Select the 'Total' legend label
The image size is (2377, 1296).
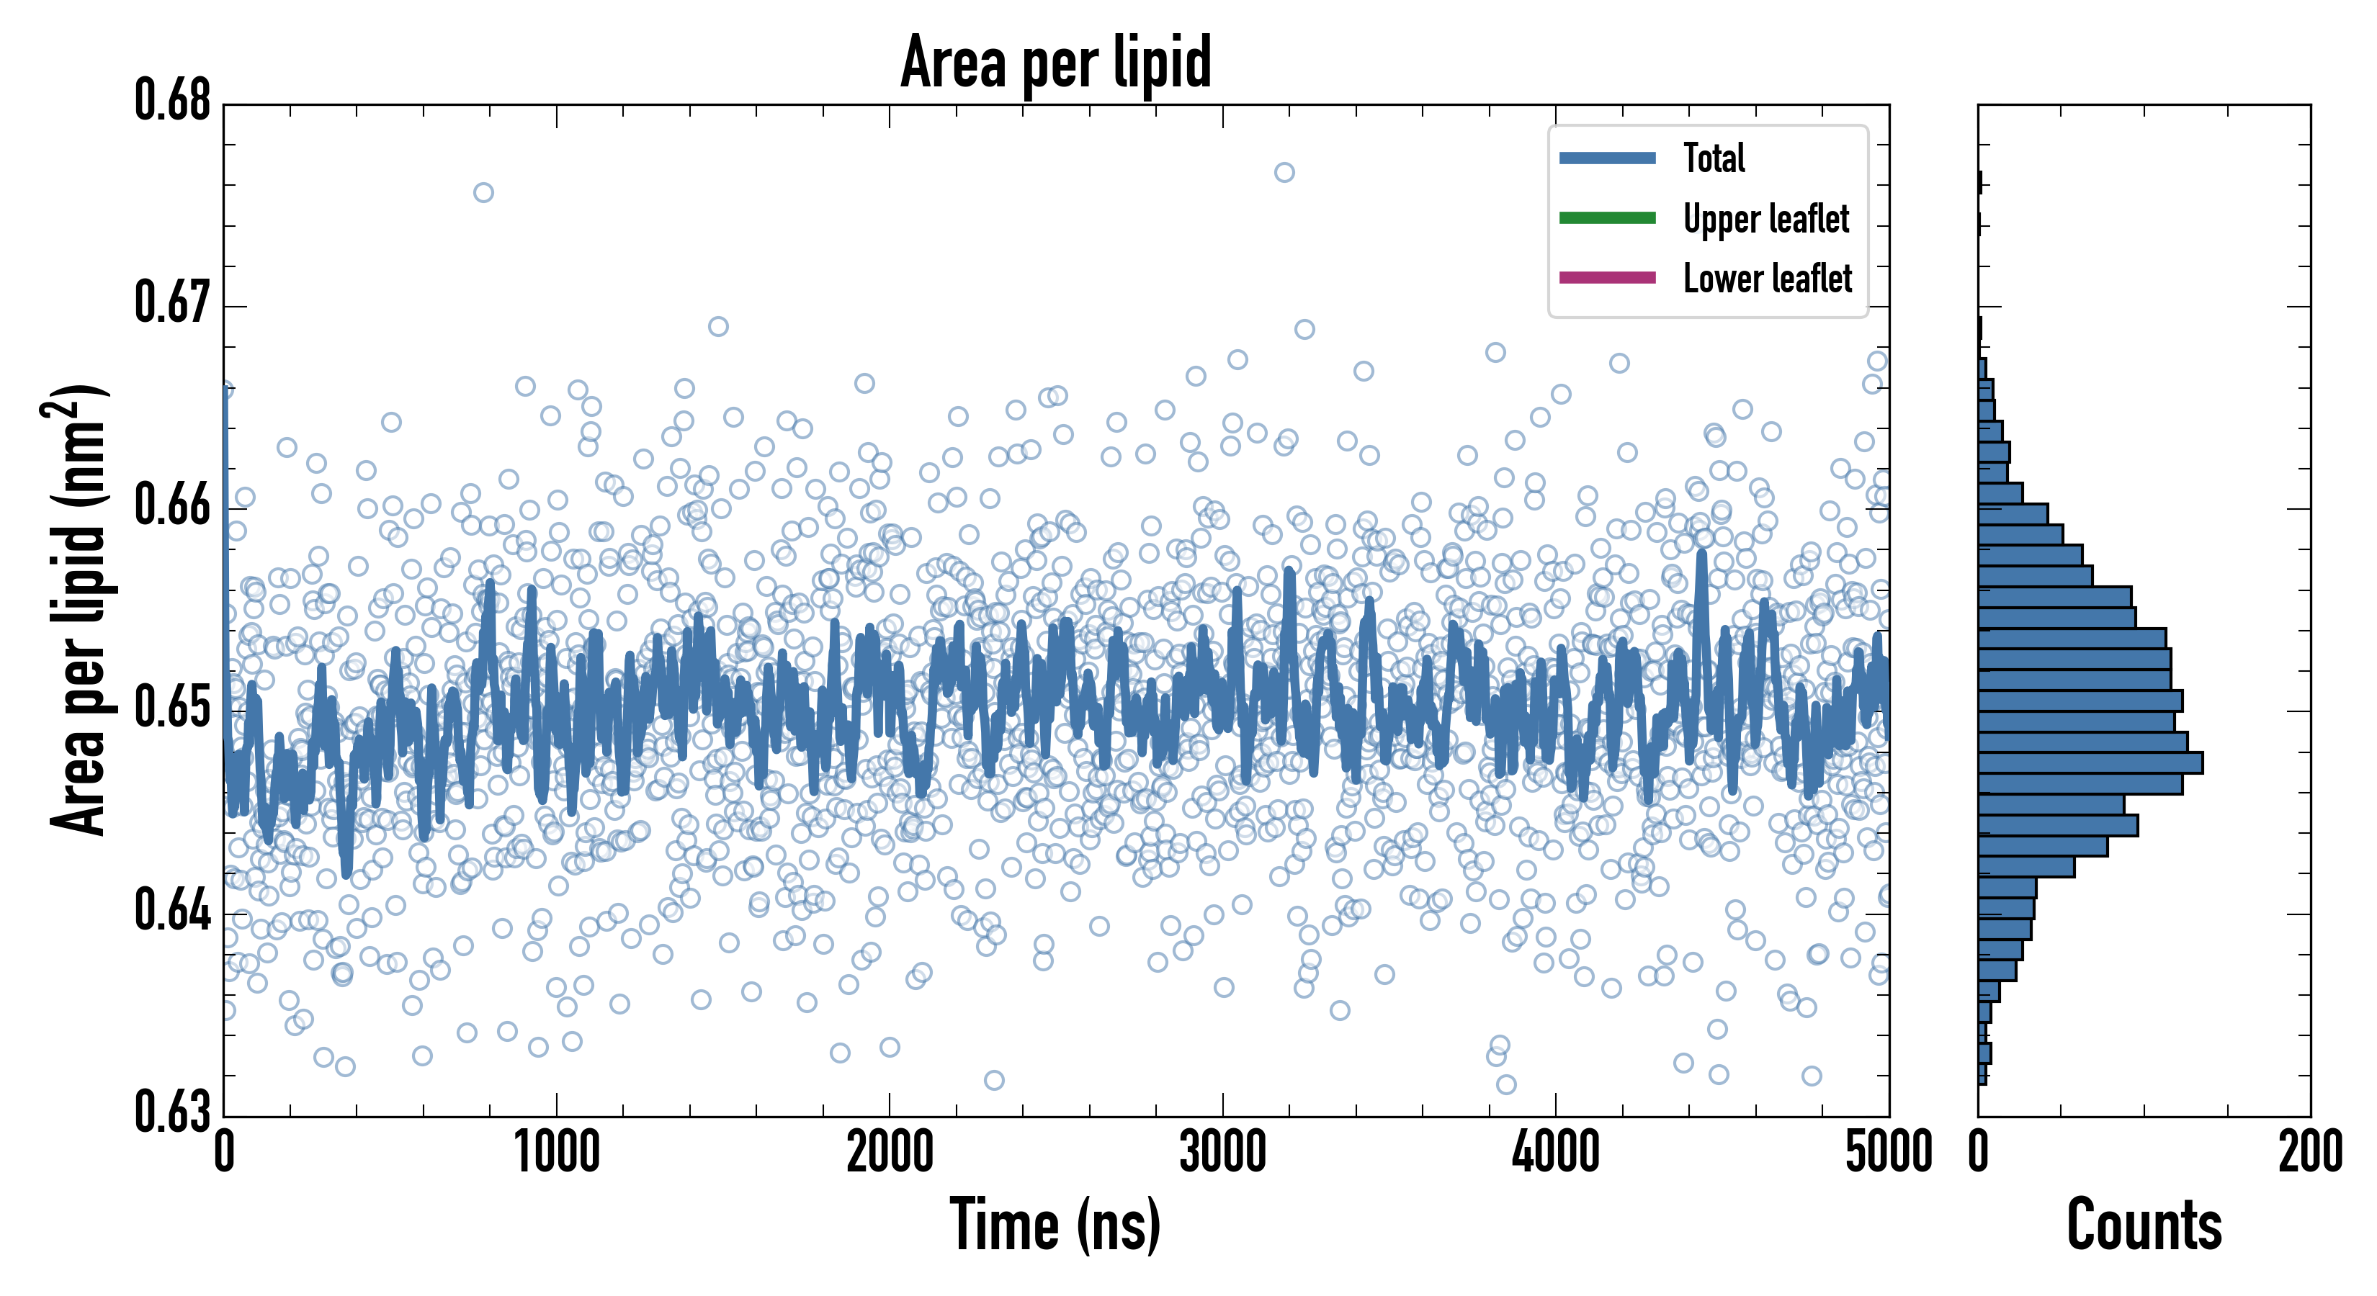point(1714,158)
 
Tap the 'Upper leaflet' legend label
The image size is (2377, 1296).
point(1765,219)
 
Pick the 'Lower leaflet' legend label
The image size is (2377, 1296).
point(1767,279)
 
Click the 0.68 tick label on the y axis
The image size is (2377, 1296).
point(173,101)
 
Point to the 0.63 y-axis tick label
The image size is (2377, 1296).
point(173,1112)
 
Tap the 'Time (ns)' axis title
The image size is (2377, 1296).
point(1056,1225)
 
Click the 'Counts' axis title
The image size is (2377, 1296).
point(2144,1225)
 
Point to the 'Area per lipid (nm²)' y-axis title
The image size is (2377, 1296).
point(78,610)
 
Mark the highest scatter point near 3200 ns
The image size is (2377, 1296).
point(1284,173)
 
